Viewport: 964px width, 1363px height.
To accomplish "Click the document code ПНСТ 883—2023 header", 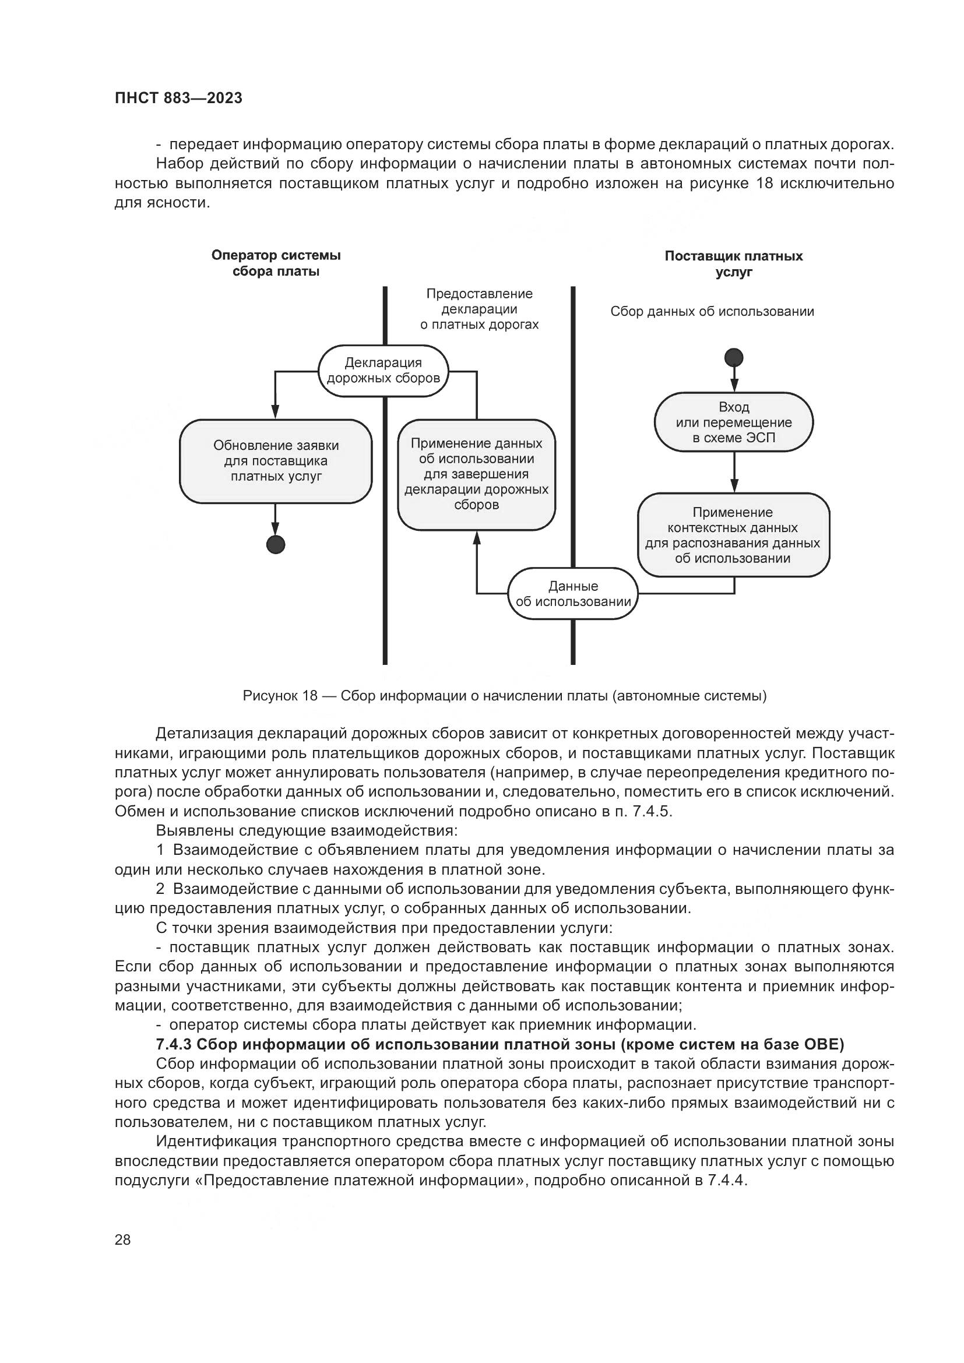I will [x=178, y=98].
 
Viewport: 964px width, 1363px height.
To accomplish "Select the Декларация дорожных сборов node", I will [x=384, y=371].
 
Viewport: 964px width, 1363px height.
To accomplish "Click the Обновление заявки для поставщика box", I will [x=276, y=462].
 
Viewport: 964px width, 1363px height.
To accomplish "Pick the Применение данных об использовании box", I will [x=476, y=474].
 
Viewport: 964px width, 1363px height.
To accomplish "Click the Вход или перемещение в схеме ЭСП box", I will [x=734, y=422].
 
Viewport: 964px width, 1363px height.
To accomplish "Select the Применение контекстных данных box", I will [x=733, y=535].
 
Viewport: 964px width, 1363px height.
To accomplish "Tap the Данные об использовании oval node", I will [x=573, y=594].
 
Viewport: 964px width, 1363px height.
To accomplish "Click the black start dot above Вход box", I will [x=734, y=358].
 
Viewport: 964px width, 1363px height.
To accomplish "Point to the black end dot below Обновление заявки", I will [x=276, y=544].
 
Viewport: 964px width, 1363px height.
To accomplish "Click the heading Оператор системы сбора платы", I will [x=276, y=263].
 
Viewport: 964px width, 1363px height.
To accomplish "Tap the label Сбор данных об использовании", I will [x=712, y=312].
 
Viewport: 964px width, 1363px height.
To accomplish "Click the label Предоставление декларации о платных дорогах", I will [x=479, y=309].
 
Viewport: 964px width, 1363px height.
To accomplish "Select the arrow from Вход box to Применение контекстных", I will [x=734, y=472].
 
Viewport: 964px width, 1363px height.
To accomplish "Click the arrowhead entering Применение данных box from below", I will [x=476, y=537].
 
